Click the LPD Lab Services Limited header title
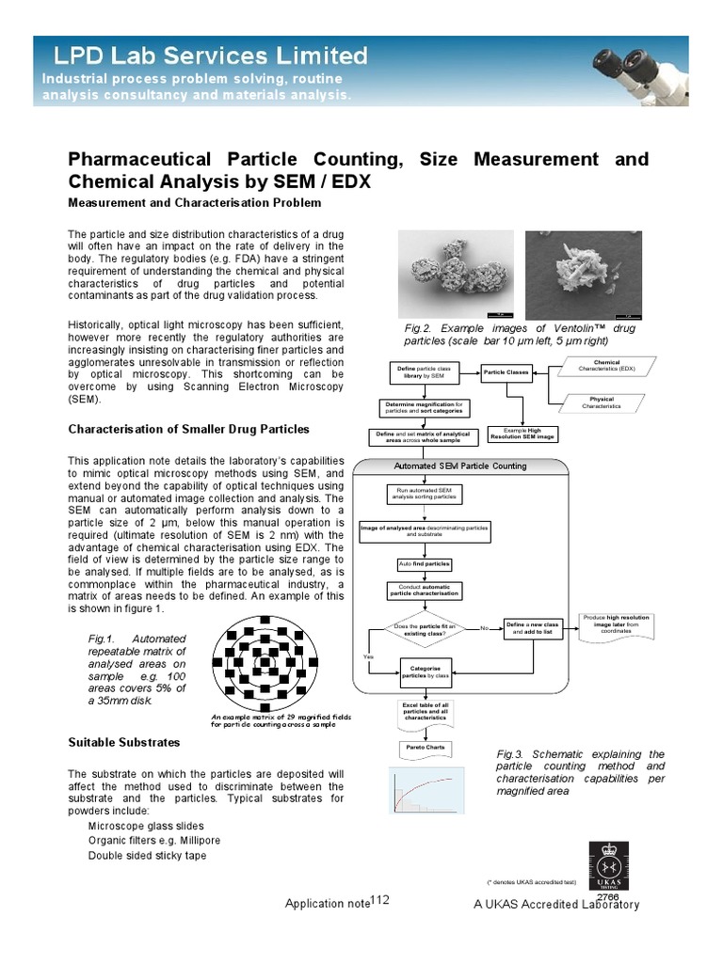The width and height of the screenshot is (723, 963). (x=204, y=55)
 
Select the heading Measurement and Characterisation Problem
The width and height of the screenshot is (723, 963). (x=195, y=202)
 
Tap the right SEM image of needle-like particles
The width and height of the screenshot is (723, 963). (x=584, y=274)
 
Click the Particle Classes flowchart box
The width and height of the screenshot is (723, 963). (x=506, y=372)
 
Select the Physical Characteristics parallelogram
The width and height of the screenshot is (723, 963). (x=602, y=403)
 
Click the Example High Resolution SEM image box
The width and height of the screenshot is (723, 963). (x=522, y=434)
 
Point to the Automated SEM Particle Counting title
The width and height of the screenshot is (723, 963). (x=460, y=466)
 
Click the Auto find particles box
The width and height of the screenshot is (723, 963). (x=424, y=564)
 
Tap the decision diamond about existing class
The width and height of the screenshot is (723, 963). (x=424, y=628)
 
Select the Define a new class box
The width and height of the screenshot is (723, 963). (x=533, y=628)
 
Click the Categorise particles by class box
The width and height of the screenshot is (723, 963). (x=426, y=671)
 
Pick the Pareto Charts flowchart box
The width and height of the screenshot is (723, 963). (x=425, y=749)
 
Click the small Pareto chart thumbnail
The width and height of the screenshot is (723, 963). (x=426, y=789)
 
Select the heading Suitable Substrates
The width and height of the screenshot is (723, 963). (x=124, y=742)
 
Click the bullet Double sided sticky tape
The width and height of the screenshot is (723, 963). (x=147, y=856)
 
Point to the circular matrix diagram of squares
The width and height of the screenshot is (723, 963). (x=265, y=664)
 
